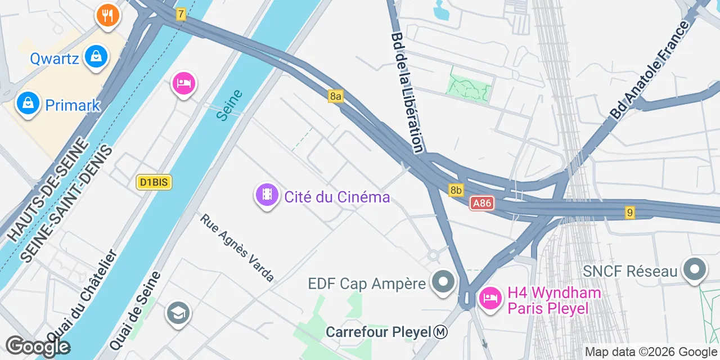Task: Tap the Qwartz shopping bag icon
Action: tap(96, 56)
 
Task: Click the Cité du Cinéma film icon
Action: tap(267, 195)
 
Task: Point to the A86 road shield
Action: tap(481, 204)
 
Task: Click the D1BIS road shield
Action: tap(154, 182)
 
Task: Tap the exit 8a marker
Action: tap(336, 97)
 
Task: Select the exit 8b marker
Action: tap(456, 190)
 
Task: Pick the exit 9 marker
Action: tap(630, 213)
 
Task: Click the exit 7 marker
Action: tap(181, 15)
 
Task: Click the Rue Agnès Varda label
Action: tap(237, 247)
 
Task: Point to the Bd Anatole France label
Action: tap(650, 70)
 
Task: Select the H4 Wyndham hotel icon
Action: tap(490, 298)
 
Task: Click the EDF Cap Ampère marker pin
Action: tap(443, 281)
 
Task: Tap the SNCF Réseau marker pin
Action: tap(694, 269)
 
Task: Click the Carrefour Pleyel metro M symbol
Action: tap(442, 332)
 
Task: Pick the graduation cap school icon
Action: tap(178, 313)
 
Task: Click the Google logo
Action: tap(38, 346)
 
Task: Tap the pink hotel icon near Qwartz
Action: tap(183, 84)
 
